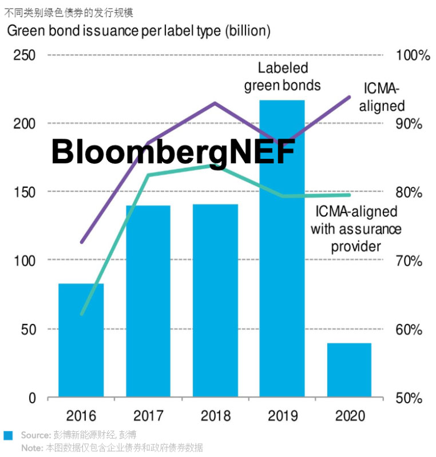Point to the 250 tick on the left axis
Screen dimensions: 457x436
tap(25, 55)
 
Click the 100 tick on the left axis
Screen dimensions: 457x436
tap(25, 260)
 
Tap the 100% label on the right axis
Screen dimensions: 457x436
tap(412, 55)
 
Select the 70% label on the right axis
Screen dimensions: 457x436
tap(409, 262)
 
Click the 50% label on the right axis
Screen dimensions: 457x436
tap(409, 398)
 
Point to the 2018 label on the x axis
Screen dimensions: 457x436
tap(215, 415)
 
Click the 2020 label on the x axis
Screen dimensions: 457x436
tap(349, 415)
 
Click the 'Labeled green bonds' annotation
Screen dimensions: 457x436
tap(283, 77)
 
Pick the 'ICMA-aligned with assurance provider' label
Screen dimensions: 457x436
tap(356, 228)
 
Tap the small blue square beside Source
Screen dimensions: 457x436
tap(8, 435)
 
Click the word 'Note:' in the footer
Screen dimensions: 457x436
tap(31, 448)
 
